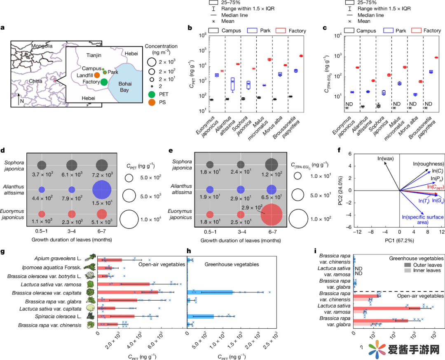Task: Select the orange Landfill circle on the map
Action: coord(96,75)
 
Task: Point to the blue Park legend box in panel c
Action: coord(388,31)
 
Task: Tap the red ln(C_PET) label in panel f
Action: coord(427,187)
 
